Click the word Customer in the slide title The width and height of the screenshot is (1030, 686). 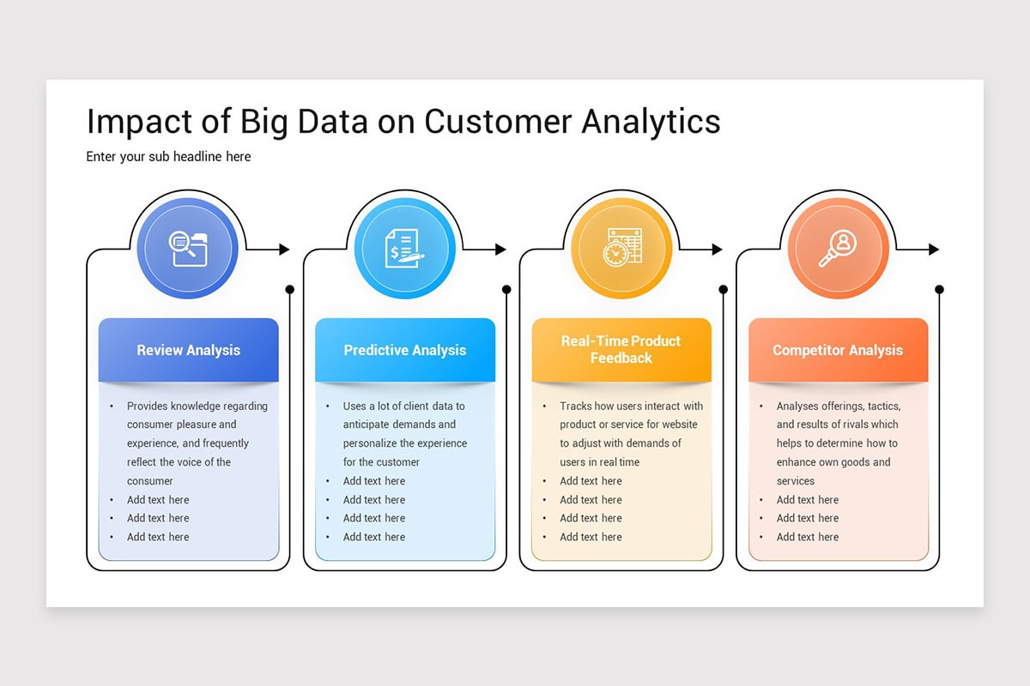(498, 122)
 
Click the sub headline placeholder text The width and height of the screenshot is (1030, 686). (168, 157)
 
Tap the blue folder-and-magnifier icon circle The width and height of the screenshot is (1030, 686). (188, 249)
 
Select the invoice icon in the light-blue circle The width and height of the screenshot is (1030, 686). (404, 249)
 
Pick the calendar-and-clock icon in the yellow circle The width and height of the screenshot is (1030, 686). (621, 249)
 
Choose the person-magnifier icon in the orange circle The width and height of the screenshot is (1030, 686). (838, 249)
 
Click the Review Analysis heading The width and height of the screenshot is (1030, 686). (188, 350)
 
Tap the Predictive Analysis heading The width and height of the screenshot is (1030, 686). (404, 350)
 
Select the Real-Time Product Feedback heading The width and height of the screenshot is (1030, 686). (621, 349)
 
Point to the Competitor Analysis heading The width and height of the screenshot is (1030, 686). (838, 350)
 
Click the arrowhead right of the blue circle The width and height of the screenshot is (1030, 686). (284, 250)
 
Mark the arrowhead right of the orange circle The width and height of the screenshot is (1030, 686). (934, 250)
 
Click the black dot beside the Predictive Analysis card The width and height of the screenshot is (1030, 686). (506, 290)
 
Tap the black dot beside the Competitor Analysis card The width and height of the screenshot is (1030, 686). (940, 290)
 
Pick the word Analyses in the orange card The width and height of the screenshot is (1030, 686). (797, 406)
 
